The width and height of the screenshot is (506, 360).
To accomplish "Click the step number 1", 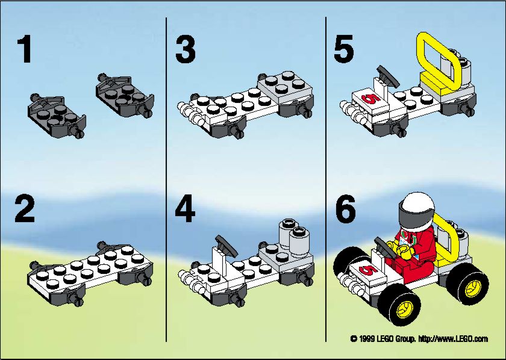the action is pos(25,49).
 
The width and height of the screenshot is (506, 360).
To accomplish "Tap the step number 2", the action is pos(25,209).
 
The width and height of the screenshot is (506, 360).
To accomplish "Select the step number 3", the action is pos(186,49).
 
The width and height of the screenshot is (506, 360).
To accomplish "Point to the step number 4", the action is pos(185,209).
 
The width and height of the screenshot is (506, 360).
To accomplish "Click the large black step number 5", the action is pos(344,49).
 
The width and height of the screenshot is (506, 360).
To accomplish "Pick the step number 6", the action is pos(346,209).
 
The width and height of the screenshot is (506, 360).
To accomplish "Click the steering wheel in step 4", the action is pos(226,246).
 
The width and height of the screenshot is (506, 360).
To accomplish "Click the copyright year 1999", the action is pos(366,339).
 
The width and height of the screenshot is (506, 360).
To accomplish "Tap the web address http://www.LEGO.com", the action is pos(453,339).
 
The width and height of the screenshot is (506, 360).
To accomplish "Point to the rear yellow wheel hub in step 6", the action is pos(473,288).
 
